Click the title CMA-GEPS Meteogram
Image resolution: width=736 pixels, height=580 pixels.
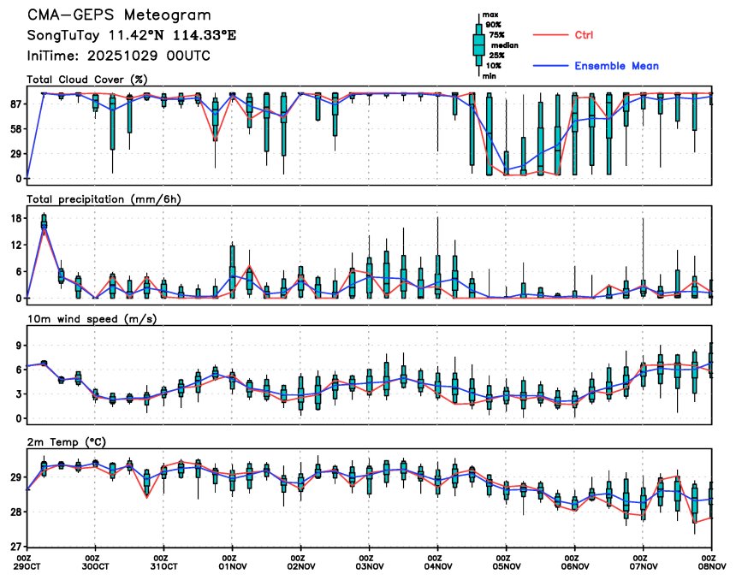point(119,15)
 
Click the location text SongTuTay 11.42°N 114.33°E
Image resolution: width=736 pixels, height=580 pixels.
point(131,36)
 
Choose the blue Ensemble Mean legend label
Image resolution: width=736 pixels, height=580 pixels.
point(616,66)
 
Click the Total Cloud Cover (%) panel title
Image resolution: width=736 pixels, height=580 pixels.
point(87,80)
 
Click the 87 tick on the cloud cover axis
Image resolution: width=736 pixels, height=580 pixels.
point(15,104)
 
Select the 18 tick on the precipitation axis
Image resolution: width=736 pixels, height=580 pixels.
point(15,218)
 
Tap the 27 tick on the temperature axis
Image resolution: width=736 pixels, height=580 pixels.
point(15,546)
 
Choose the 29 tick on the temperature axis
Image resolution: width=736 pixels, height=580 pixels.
point(15,477)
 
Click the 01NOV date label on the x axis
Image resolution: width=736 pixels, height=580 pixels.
point(233,566)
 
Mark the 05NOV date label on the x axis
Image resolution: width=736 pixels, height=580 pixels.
point(507,566)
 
